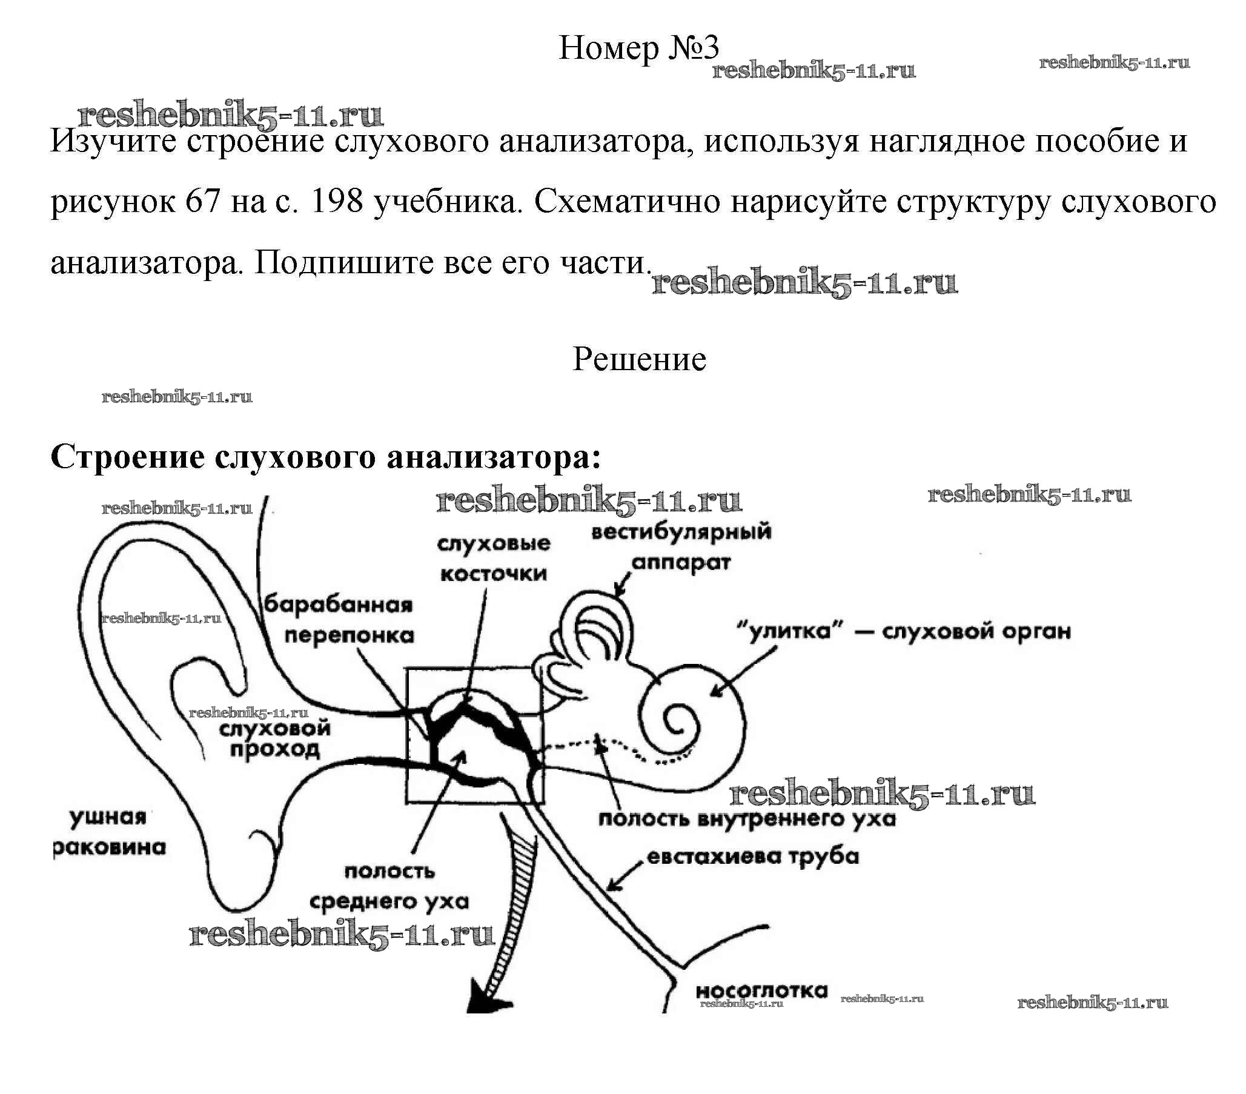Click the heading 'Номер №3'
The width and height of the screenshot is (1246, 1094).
coord(638,48)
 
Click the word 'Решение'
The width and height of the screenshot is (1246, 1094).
coord(639,360)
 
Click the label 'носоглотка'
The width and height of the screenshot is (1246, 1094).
coord(761,991)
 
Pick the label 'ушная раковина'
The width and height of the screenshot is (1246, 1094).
coord(110,832)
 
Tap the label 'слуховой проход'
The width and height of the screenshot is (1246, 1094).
coord(275,738)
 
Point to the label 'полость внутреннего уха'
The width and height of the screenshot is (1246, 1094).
coord(747,818)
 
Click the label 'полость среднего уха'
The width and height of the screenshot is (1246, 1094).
coord(389,887)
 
